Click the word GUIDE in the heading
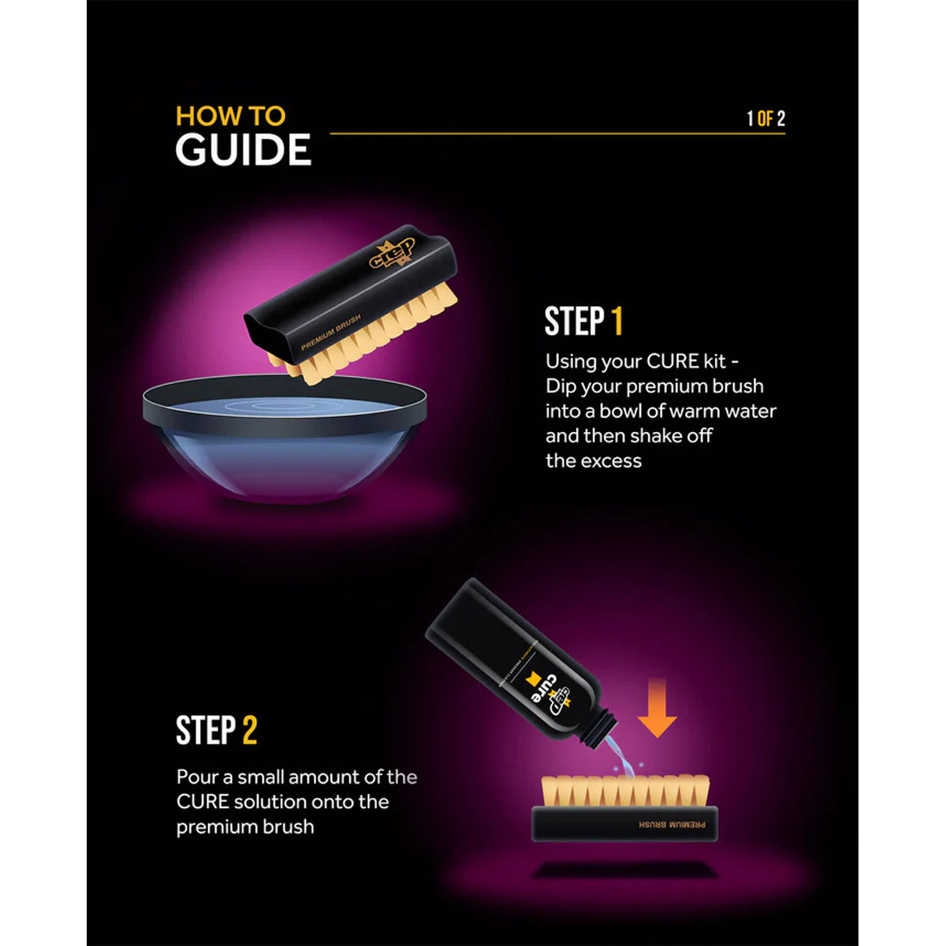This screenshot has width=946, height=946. pyautogui.click(x=243, y=149)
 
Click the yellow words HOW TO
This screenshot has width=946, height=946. pyautogui.click(x=230, y=117)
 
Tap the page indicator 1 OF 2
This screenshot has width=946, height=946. pyautogui.click(x=765, y=118)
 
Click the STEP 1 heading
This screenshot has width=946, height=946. pyautogui.click(x=583, y=322)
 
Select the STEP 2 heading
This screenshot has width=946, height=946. pyautogui.click(x=216, y=730)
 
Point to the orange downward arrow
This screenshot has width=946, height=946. pyautogui.click(x=657, y=707)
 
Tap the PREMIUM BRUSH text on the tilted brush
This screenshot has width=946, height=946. pyautogui.click(x=330, y=333)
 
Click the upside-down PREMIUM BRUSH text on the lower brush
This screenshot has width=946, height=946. pyautogui.click(x=672, y=825)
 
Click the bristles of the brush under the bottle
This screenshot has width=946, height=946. pyautogui.click(x=625, y=791)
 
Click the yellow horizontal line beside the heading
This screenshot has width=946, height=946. pyautogui.click(x=557, y=133)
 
